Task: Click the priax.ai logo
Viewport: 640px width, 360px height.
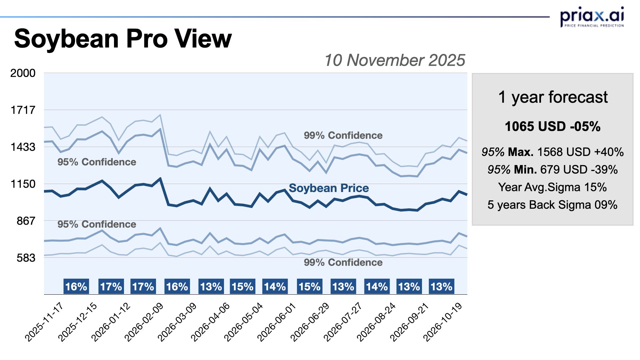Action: pyautogui.click(x=592, y=17)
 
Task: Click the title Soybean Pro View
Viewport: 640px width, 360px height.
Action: pyautogui.click(x=123, y=39)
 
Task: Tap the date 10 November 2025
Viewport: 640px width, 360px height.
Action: pyautogui.click(x=394, y=60)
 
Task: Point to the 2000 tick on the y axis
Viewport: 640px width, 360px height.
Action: pyautogui.click(x=23, y=73)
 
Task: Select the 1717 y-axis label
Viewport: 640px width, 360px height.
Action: pyautogui.click(x=23, y=110)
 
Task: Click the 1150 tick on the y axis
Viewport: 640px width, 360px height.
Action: pyautogui.click(x=23, y=184)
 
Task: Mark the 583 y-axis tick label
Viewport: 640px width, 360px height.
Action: pyautogui.click(x=26, y=258)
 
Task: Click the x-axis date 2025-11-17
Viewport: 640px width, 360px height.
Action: pyautogui.click(x=44, y=322)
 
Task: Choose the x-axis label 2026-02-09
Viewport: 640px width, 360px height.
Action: pyautogui.click(x=144, y=322)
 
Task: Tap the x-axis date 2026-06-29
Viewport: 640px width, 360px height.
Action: pyautogui.click(x=310, y=322)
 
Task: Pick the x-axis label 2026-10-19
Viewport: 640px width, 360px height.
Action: pyautogui.click(x=443, y=322)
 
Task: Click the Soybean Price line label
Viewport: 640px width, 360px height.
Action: pyautogui.click(x=329, y=188)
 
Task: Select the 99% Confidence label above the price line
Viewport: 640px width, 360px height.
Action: pyautogui.click(x=343, y=135)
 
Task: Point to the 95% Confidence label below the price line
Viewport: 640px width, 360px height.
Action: pyautogui.click(x=97, y=224)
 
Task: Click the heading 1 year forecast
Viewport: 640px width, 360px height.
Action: pyautogui.click(x=553, y=97)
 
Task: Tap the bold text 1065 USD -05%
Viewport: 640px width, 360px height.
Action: pyautogui.click(x=553, y=127)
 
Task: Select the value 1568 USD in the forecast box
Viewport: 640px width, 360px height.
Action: pyautogui.click(x=564, y=152)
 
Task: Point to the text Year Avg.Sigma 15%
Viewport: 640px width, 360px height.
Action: pyautogui.click(x=552, y=187)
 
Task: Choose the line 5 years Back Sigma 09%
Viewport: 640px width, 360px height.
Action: pyautogui.click(x=552, y=205)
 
